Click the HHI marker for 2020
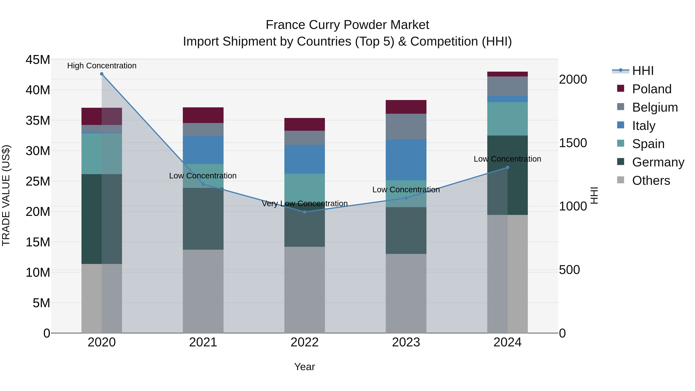coord(102,74)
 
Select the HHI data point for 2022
coord(305,212)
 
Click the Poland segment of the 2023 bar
coord(406,107)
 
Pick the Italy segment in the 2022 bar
coord(305,159)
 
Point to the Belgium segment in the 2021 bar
coord(203,130)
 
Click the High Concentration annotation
coord(102,66)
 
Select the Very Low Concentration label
coord(305,204)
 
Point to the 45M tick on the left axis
coord(38,60)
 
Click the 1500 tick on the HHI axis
coord(573,143)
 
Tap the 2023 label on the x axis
coord(406,342)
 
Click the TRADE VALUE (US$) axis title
coord(6,195)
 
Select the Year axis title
coord(305,367)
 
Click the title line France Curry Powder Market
coord(347,25)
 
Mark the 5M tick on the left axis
coord(41,303)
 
